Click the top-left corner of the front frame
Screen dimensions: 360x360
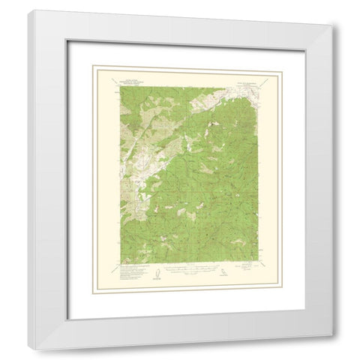29,10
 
